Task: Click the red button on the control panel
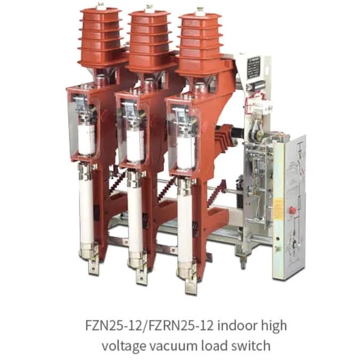292,210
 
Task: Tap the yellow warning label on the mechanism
279,209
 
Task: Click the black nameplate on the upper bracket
254,68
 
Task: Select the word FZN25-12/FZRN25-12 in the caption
149,325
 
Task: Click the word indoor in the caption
239,325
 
